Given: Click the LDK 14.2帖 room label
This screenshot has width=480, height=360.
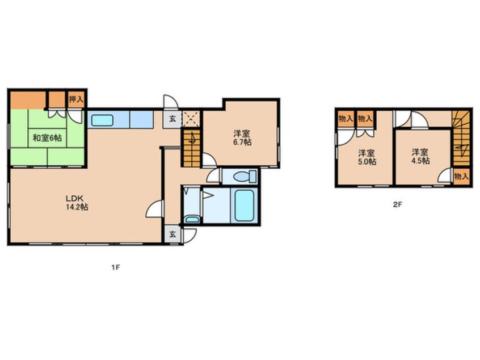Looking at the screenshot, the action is [x=77, y=202].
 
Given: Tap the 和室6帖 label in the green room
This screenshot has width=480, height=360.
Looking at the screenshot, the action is [x=47, y=138].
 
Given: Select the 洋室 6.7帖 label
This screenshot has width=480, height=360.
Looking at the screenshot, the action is [x=242, y=138].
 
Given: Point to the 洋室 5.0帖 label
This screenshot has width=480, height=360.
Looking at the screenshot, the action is [x=367, y=157].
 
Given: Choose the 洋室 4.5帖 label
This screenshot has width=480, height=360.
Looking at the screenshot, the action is [x=420, y=156].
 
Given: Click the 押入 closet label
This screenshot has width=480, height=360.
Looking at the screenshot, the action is [x=75, y=99].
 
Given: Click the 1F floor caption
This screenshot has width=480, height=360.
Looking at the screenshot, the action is [x=115, y=267].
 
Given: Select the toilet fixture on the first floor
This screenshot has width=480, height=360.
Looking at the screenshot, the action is [x=244, y=177].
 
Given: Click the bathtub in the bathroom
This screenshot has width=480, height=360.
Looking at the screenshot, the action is [x=244, y=206].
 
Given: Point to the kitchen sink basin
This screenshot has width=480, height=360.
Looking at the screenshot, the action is [x=102, y=120].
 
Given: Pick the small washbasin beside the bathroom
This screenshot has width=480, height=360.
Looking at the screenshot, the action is [x=192, y=219].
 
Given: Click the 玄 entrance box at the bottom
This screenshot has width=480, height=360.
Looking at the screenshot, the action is [x=172, y=235].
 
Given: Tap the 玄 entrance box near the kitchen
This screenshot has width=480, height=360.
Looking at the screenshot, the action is [x=172, y=119].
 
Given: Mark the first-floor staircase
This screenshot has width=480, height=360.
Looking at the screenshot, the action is [x=191, y=148].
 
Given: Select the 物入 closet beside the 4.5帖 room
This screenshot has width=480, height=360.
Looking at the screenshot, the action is [x=461, y=177].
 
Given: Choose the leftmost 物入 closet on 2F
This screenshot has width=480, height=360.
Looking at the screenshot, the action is [x=346, y=118].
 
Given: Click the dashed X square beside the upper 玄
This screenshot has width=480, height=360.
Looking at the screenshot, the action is [x=191, y=119].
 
